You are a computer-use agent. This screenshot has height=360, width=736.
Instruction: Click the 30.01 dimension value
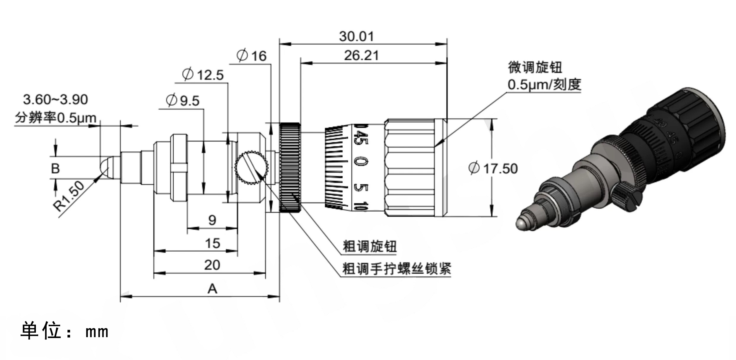pos(356,36)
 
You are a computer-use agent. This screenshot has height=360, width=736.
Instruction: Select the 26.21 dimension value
pos(361,55)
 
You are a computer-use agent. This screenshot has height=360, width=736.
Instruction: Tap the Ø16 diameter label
pos(252,55)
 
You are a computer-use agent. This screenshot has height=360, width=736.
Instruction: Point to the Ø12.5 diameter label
pos(203,74)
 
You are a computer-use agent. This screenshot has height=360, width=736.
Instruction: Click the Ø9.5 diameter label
pos(183,101)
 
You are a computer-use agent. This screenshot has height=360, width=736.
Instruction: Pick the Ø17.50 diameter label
pos(493,168)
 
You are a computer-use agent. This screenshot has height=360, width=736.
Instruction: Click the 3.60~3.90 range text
pos(55,99)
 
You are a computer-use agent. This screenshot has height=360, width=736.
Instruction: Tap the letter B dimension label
pos(55,168)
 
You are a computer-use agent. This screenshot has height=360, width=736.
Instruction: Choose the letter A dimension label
pos(212,288)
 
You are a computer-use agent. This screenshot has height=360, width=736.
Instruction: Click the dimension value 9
pos(212,220)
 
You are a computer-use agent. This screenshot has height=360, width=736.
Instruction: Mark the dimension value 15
pos(212,243)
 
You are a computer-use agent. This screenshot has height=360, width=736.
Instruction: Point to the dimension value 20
pos(212,265)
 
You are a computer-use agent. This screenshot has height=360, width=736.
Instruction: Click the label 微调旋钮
pos(535,67)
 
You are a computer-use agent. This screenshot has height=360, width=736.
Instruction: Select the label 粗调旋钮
pos(369,246)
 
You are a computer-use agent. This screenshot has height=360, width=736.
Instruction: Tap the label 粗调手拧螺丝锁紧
pos(396,269)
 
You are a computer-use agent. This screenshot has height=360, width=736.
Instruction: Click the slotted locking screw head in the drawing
pos(251,168)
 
